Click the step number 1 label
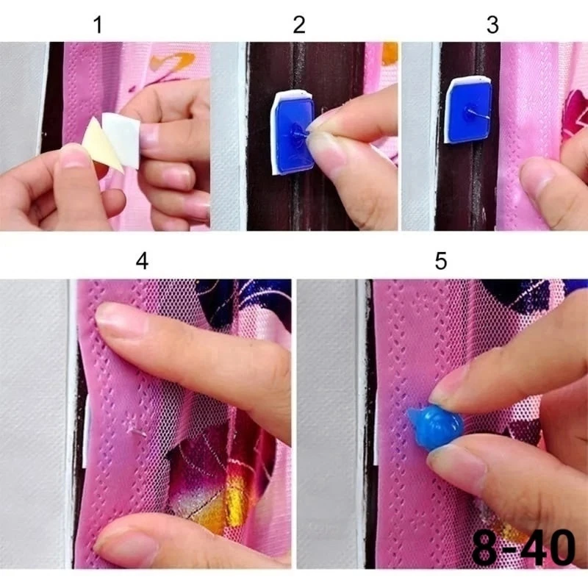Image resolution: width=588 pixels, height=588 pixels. pyautogui.click(x=98, y=25)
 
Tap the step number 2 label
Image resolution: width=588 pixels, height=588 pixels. pyautogui.click(x=299, y=25)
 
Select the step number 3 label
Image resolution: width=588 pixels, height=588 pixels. pyautogui.click(x=492, y=25)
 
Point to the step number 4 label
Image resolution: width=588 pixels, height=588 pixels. pyautogui.click(x=142, y=261)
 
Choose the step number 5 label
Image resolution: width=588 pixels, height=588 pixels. pyautogui.click(x=441, y=261)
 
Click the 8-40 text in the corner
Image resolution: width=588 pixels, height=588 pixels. pyautogui.click(x=523, y=548)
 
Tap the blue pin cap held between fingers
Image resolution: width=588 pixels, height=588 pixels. pyautogui.click(x=435, y=426)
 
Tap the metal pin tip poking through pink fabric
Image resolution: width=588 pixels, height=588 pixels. pyautogui.click(x=137, y=433)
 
